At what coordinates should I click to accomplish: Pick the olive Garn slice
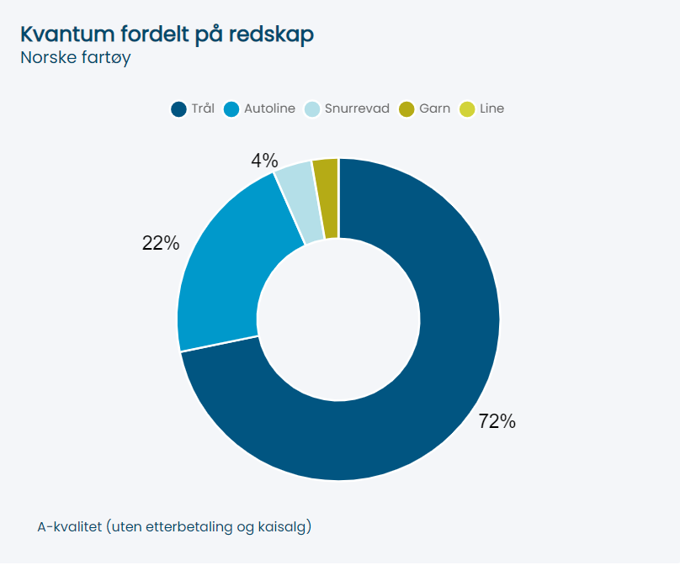point(326,198)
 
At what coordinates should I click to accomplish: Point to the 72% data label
point(497,422)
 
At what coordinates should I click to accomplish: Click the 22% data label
point(161,243)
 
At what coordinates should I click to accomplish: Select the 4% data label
point(264,161)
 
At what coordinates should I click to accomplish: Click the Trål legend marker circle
point(178,109)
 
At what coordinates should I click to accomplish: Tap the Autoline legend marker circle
point(231,109)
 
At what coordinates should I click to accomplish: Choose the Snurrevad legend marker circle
point(311,109)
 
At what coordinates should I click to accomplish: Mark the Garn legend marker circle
point(406,109)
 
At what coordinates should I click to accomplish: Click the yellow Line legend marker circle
point(467,109)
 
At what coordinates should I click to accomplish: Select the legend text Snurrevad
point(357,108)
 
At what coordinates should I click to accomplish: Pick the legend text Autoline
point(269,108)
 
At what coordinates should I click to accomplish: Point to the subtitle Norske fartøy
point(76,58)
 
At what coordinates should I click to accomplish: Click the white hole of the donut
point(338,319)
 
